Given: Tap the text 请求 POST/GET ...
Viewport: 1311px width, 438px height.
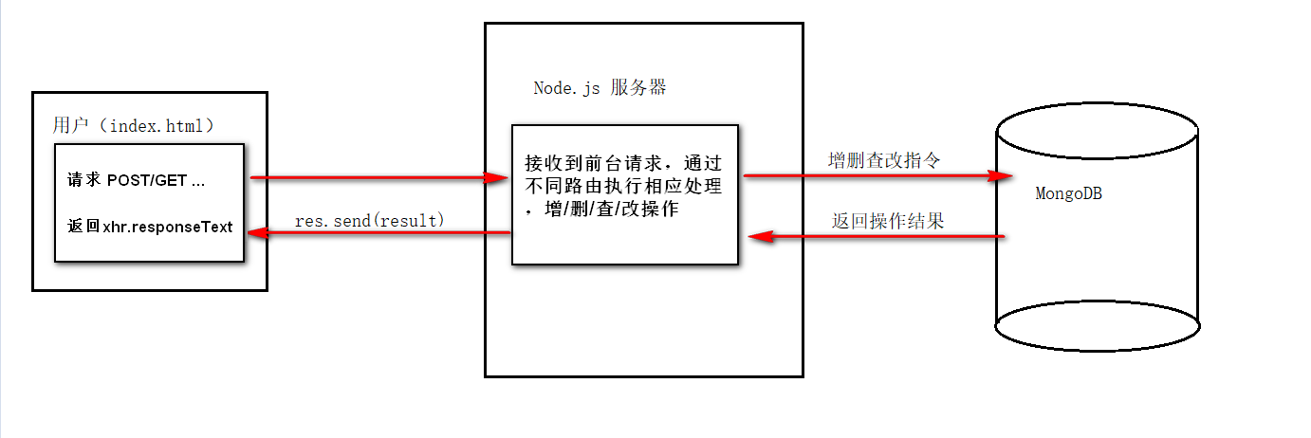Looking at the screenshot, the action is pos(136,180).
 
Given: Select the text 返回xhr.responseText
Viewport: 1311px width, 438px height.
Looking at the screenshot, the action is pos(150,228).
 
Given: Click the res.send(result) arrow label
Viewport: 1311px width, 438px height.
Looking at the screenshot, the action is pos(369,220).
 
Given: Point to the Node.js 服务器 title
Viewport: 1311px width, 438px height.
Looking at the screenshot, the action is pos(600,88).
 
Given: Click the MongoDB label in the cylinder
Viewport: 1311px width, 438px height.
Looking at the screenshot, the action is pos(1068,193).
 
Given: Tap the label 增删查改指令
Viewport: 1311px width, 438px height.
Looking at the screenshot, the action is pos(884,160).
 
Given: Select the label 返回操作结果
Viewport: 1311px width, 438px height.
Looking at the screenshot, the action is pos(888,221).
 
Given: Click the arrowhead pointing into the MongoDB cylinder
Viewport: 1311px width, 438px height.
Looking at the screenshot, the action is pos(1000,175).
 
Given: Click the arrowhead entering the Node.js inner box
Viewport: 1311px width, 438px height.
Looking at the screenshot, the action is pos(496,177).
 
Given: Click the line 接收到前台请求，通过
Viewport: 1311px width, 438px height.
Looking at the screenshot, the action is pos(622,161).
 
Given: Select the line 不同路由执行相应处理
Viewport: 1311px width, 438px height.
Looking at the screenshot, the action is pos(622,186).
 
